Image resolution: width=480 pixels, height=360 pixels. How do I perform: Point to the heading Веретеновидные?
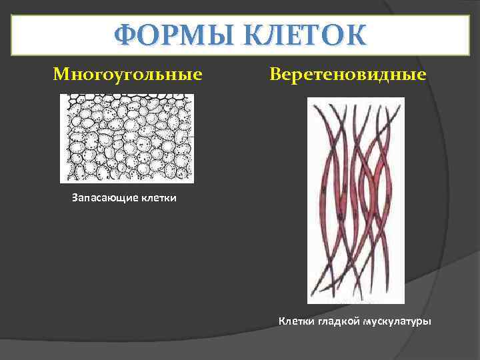[x=348, y=73]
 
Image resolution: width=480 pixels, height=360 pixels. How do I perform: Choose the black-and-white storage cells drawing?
[x=127, y=138]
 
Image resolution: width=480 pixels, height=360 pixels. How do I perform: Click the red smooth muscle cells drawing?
[x=355, y=200]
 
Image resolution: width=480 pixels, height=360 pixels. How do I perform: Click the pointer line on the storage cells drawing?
[x=188, y=137]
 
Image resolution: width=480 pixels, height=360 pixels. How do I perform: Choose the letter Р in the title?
[x=165, y=35]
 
